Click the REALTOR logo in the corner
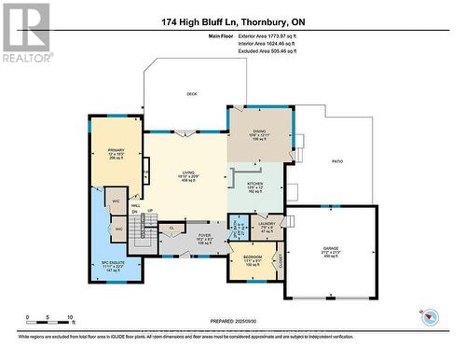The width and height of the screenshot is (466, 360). point(25,31)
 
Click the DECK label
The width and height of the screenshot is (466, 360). point(192,93)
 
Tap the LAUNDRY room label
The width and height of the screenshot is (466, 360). point(266,224)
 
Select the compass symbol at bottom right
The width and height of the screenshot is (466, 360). point(428,315)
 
